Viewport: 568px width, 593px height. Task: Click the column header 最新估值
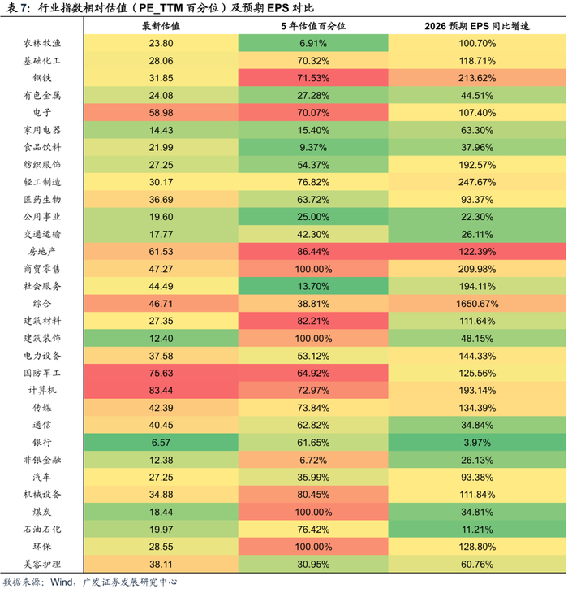click(x=161, y=26)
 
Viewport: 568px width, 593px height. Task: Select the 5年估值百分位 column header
click(x=313, y=26)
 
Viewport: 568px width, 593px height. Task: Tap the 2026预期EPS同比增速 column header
click(x=477, y=26)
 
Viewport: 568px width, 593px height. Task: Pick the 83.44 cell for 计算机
click(x=161, y=391)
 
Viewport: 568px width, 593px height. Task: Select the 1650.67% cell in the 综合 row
click(x=477, y=303)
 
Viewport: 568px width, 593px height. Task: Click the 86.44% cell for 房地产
click(x=313, y=252)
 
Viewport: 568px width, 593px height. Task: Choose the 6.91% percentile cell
click(x=313, y=43)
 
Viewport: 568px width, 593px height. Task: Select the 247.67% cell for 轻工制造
click(x=477, y=182)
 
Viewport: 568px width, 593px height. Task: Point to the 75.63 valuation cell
click(x=161, y=374)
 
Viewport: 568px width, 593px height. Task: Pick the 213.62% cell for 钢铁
click(x=477, y=78)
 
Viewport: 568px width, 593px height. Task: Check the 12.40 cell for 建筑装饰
click(x=161, y=338)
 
